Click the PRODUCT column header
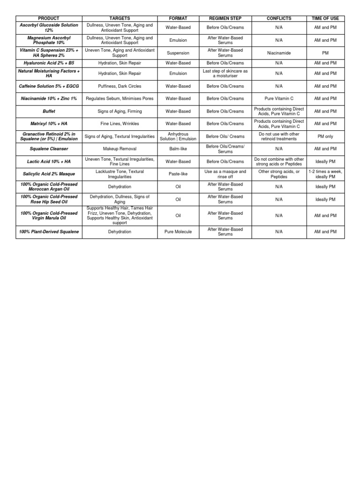click(x=49, y=18)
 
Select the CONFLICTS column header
click(x=279, y=18)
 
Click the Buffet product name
click(x=49, y=112)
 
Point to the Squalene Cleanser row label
click(x=49, y=149)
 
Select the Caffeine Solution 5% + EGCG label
click(x=49, y=86)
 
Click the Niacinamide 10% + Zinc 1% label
click(x=49, y=99)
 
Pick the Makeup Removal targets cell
click(x=120, y=149)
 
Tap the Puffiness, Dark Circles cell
click(x=120, y=86)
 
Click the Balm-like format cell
click(x=178, y=149)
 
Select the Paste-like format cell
click(x=178, y=174)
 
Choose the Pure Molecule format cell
click(x=178, y=232)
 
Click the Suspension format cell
click(x=178, y=53)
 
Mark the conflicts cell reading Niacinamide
click(x=279, y=53)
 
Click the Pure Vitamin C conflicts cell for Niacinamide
click(x=279, y=99)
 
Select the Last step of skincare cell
click(x=225, y=74)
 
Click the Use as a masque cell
click(x=225, y=174)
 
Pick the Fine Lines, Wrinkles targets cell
click(x=120, y=124)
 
